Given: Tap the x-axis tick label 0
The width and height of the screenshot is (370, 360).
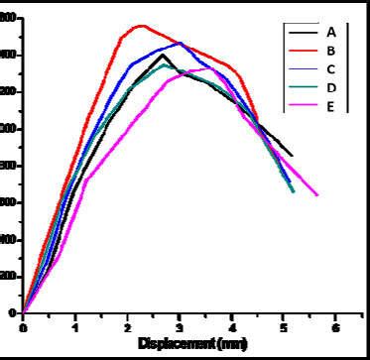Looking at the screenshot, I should (x=23, y=326).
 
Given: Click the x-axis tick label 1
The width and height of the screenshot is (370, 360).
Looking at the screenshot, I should (x=74, y=326).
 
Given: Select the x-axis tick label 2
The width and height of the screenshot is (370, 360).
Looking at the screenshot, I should (x=127, y=326).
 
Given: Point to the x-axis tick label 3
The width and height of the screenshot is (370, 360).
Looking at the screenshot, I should (x=179, y=326).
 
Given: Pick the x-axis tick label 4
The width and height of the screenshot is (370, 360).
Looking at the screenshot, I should (x=231, y=326).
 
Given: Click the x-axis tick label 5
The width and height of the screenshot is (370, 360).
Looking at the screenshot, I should (x=283, y=326).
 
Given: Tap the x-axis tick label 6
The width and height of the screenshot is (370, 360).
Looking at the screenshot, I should (x=335, y=326).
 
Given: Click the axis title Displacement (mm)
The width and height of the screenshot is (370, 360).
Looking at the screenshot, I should (x=179, y=343).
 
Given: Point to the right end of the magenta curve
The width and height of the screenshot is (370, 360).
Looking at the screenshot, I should (x=317, y=195).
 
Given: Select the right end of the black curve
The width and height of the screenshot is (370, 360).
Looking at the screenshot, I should (x=292, y=156).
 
